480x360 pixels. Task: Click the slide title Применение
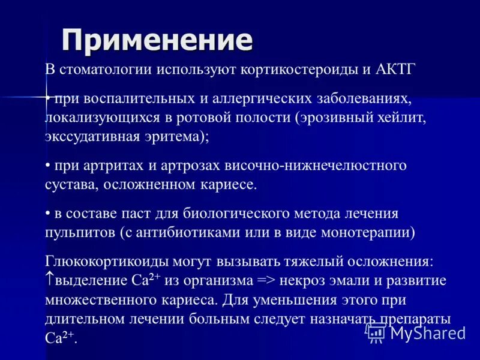click(158, 40)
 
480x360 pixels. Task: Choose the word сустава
click(65, 184)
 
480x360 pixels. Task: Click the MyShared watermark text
click(428, 332)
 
